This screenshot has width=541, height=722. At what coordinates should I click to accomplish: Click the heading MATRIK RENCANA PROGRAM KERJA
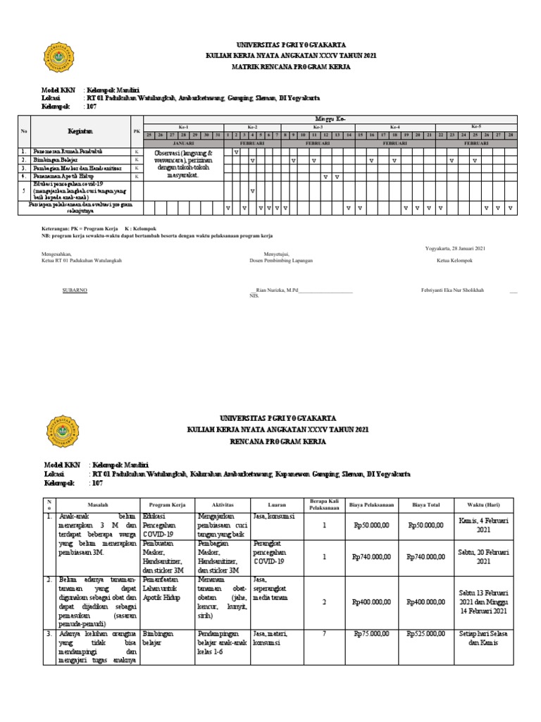pyautogui.click(x=285, y=67)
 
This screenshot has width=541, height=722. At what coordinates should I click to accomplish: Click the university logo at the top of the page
pyautogui.click(x=58, y=57)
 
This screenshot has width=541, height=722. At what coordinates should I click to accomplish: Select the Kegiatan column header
pyautogui.click(x=80, y=131)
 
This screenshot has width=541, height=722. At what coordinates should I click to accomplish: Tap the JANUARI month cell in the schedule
pyautogui.click(x=183, y=142)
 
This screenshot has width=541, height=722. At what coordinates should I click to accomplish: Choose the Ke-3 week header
pyautogui.click(x=317, y=127)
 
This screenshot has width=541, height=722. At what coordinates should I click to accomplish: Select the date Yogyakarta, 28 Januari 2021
pyautogui.click(x=456, y=248)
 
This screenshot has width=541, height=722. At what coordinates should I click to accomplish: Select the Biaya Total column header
pyautogui.click(x=426, y=505)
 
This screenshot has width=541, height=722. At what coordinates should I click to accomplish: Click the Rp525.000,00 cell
pyautogui.click(x=426, y=634)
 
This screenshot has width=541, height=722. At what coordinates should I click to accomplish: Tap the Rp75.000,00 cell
pyautogui.click(x=371, y=634)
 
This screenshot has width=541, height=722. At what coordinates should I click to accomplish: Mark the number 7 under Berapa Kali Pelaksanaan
pyautogui.click(x=325, y=634)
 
